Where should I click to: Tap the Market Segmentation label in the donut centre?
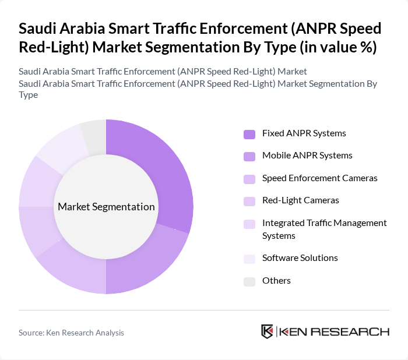(x=106, y=207)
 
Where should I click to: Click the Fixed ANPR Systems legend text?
(x=304, y=133)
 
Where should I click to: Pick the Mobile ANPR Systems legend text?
(x=307, y=156)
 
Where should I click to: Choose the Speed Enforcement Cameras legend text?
(x=319, y=178)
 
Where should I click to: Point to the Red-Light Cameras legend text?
(x=300, y=200)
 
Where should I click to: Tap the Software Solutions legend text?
(x=300, y=258)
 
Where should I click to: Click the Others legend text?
(x=276, y=281)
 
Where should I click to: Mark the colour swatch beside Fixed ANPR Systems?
(x=249, y=134)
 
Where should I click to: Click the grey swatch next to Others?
(x=249, y=281)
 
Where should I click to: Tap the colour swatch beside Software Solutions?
(x=249, y=259)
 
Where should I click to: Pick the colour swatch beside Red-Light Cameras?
(x=249, y=201)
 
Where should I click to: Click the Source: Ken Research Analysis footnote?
(x=71, y=333)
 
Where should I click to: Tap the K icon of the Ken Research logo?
(x=268, y=331)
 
